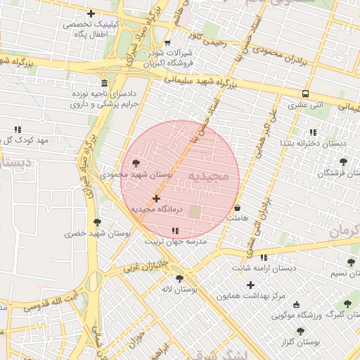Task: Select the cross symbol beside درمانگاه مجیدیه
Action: pos(156,199)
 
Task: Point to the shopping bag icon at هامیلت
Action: pos(238,208)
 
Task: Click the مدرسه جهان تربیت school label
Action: pos(176,240)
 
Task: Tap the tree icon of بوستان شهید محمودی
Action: pos(135,162)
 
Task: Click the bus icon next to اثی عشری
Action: pos(305,94)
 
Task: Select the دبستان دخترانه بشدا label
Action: pos(312,143)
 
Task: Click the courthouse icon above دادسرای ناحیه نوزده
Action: pos(105,82)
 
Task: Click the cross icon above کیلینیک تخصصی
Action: pos(91,13)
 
